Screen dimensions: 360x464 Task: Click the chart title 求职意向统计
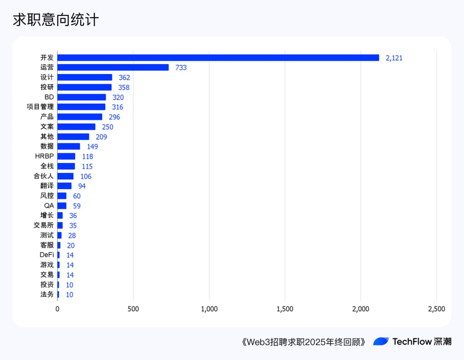click(x=56, y=20)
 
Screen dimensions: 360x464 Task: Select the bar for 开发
click(x=218, y=58)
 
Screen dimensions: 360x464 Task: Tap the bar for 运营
click(x=113, y=68)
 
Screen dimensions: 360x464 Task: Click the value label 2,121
click(x=394, y=58)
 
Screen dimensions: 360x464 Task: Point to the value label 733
click(x=181, y=68)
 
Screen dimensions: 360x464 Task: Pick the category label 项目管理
click(x=40, y=107)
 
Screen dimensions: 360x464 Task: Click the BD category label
click(x=49, y=97)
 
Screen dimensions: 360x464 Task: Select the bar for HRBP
click(x=66, y=156)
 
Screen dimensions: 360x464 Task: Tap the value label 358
click(x=124, y=88)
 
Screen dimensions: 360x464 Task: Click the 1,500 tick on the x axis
click(x=285, y=309)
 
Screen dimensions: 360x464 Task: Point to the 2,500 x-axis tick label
click(x=436, y=309)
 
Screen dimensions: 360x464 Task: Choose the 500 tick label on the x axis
click(x=133, y=309)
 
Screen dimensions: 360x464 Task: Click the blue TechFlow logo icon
click(x=381, y=341)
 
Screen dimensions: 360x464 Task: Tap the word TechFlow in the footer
click(x=412, y=341)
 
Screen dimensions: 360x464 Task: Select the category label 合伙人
click(x=43, y=176)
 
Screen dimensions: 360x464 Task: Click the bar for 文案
click(x=76, y=127)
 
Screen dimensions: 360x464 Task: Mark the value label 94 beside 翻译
click(x=82, y=186)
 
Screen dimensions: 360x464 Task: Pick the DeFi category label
click(x=47, y=255)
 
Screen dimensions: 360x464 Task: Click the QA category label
click(x=49, y=206)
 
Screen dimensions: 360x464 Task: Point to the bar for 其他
click(x=73, y=137)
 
